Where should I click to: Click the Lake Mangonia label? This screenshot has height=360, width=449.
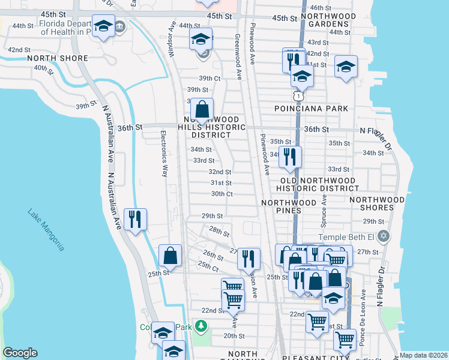coord(45,230)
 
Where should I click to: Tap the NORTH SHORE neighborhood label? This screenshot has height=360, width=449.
coord(58,58)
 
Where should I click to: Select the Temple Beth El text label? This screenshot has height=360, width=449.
coord(346,238)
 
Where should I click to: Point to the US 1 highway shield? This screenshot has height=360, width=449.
coord(298,96)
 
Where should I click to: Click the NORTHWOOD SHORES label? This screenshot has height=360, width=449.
coord(377,204)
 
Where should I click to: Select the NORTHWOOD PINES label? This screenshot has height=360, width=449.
coord(289,207)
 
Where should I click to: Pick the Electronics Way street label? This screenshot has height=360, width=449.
coord(163,154)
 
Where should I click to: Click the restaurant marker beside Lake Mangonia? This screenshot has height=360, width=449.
coord(134,219)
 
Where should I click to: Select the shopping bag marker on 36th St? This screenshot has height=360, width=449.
coord(202,110)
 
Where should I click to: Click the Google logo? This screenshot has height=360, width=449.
coord(20,352)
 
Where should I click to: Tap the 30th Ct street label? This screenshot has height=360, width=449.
coord(221,194)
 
